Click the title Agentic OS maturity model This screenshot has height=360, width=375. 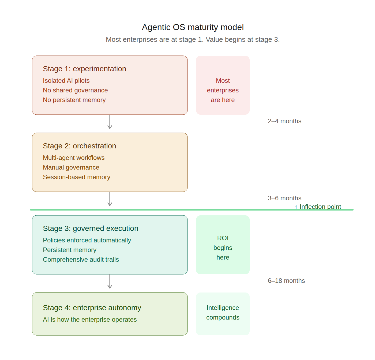tap(193, 27)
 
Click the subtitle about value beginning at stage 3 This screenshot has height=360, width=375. tap(193, 39)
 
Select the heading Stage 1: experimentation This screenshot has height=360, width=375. tap(84, 69)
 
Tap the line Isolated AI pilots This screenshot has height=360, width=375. tap(66, 81)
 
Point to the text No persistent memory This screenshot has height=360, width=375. tap(74, 100)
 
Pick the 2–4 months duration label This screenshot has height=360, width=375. tap(284, 121)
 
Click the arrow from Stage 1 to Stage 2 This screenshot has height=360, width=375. tap(110, 122)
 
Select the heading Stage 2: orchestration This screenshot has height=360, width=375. tap(79, 146)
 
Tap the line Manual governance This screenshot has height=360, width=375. tap(71, 167)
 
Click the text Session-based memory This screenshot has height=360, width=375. tap(76, 177)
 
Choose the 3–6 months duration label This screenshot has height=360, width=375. tap(284, 198)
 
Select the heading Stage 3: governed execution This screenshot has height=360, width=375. tap(91, 228)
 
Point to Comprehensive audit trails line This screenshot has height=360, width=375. tap(81, 260)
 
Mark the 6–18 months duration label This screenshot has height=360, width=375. tap(286, 281)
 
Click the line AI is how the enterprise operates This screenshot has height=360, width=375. tap(90, 320)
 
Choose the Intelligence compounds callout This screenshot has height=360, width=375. tap(223, 313)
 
